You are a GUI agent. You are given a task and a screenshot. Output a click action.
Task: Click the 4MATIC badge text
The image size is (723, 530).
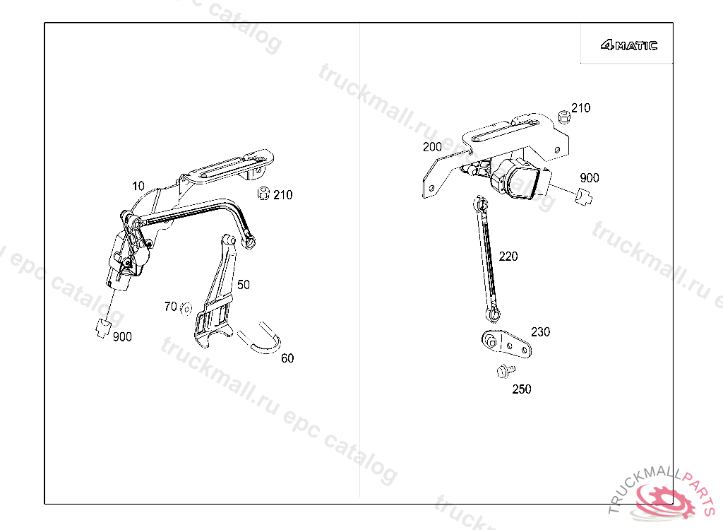(x=628, y=46)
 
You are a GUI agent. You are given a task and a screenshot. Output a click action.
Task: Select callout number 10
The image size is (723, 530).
(x=138, y=186)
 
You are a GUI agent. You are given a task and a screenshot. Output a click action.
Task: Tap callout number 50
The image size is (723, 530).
(x=243, y=285)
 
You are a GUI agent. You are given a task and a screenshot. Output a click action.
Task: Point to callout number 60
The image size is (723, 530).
(x=287, y=358)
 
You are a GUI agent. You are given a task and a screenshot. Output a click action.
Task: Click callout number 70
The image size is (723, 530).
(x=170, y=307)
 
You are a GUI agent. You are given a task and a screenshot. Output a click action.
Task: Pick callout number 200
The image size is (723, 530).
(x=432, y=147)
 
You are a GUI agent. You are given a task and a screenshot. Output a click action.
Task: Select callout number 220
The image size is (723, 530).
(x=508, y=257)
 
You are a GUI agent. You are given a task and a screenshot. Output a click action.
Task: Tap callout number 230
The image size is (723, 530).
(x=541, y=332)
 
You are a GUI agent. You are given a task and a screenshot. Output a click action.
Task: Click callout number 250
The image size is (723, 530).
(x=522, y=389)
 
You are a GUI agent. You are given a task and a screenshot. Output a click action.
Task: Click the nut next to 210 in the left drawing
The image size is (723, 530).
(x=262, y=193)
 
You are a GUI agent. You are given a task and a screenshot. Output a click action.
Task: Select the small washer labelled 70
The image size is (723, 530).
(x=186, y=308)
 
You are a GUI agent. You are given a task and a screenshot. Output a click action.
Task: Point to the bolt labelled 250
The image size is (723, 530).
(x=504, y=370)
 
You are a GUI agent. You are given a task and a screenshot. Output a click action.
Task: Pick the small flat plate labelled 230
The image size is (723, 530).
(x=505, y=344)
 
